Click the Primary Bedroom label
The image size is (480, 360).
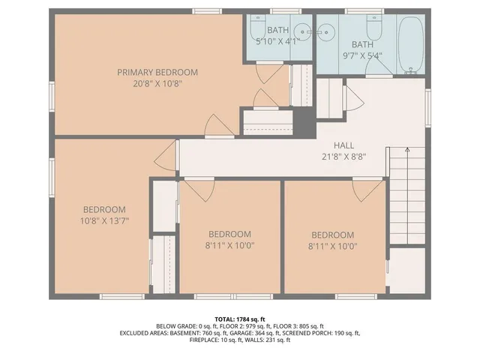[157, 72]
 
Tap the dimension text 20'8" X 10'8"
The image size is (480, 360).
[157, 83]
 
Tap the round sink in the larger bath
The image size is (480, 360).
[327, 31]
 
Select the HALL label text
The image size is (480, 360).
[344, 145]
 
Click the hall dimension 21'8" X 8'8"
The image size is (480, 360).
[344, 157]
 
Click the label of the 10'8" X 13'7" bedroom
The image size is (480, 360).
[104, 209]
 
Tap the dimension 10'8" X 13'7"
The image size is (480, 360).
[104, 220]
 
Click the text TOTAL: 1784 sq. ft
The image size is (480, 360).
[239, 319]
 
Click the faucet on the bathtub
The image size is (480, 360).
[410, 70]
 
